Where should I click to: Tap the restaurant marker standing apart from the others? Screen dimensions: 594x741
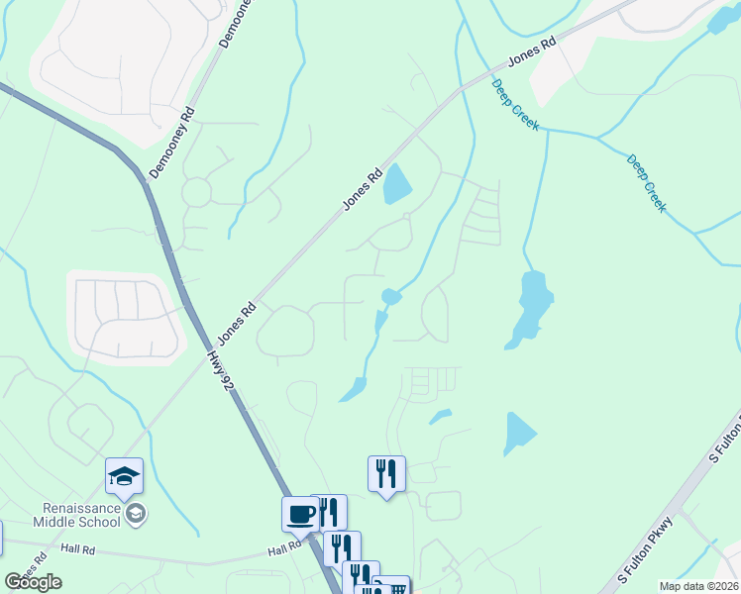[x=386, y=473]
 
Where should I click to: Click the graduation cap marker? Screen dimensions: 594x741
[x=125, y=477]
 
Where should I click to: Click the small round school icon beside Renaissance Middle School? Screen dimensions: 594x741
[x=137, y=513]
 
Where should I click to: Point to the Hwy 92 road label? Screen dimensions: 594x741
[x=222, y=367]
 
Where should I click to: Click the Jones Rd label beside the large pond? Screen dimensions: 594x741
[x=363, y=188]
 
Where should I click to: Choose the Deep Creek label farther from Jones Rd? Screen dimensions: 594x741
[x=648, y=183]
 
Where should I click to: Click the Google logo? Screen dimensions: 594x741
[x=34, y=581]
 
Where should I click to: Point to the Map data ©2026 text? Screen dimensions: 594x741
[x=698, y=586]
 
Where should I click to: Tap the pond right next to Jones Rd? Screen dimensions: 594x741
[x=397, y=184]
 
